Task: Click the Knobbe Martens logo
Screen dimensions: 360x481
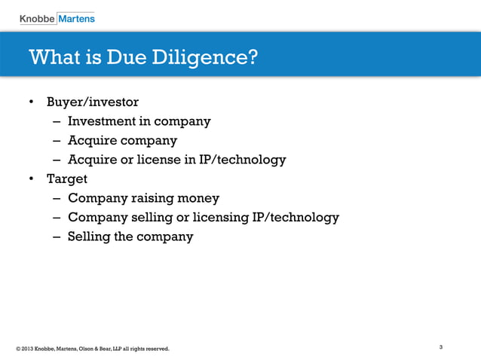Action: point(57,17)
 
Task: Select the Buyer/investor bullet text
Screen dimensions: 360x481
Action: point(93,101)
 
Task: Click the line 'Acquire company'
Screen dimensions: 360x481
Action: point(122,140)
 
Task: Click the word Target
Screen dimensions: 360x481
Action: point(67,179)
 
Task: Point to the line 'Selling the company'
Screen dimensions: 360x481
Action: point(130,236)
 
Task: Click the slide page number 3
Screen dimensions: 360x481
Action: point(440,347)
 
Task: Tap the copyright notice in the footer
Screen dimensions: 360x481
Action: point(92,349)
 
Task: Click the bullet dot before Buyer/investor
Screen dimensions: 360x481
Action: point(32,102)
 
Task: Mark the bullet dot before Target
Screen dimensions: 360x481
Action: point(32,179)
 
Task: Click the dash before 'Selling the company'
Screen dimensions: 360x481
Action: point(57,237)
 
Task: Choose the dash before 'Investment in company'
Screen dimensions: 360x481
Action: point(57,121)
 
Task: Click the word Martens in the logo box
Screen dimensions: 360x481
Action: point(77,17)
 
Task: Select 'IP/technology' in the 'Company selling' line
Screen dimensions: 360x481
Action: point(294,218)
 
